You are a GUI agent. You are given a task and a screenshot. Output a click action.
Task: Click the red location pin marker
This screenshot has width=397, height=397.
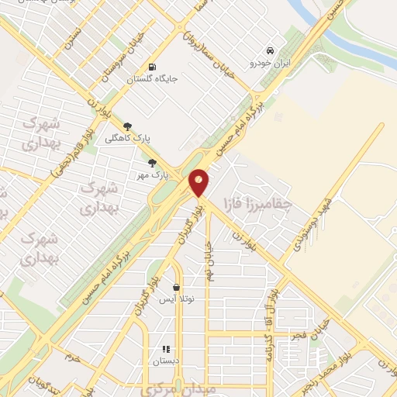tap(199, 181)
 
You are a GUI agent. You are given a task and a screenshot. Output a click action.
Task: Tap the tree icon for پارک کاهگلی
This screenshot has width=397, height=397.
tap(128, 126)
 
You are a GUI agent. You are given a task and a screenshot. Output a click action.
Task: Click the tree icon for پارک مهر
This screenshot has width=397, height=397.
tap(152, 163)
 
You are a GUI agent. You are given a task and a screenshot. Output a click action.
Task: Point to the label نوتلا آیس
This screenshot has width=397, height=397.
tap(176, 299)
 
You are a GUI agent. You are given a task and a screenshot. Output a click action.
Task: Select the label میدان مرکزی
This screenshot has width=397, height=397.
tap(171, 388)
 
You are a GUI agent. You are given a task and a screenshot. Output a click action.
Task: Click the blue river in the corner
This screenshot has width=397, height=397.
tap(349, 35)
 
